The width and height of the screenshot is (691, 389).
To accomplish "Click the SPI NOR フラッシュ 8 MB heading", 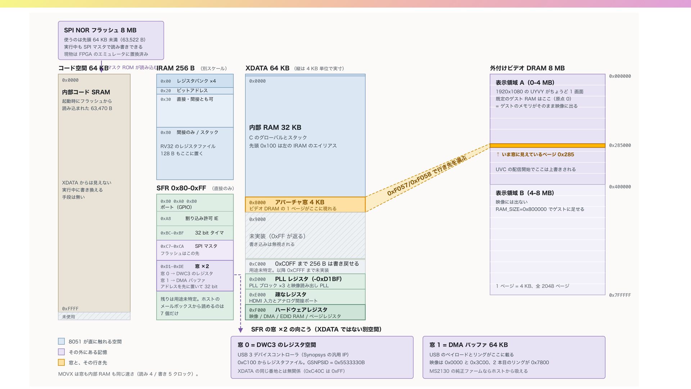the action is [x=100, y=30].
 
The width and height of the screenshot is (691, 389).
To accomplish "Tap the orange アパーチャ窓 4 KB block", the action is [x=305, y=205].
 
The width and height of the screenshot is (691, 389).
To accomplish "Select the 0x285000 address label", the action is [x=620, y=146].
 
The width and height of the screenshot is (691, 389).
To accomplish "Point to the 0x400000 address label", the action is [x=620, y=187].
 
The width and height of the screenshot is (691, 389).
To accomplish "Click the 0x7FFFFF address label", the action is [x=620, y=295].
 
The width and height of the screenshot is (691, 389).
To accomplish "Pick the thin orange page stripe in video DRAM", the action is [x=547, y=146].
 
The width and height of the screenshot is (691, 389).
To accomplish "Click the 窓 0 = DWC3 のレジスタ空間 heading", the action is [x=277, y=345].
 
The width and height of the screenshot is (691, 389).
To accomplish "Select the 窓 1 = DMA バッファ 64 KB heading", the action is [x=469, y=345].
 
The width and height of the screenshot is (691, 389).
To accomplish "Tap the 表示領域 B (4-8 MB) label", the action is [x=525, y=193].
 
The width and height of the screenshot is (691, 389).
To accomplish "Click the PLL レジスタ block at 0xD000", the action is [x=305, y=282].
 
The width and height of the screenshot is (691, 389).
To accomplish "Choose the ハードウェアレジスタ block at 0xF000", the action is [x=305, y=312].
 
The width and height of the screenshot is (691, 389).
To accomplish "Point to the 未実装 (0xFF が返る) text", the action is [x=277, y=236].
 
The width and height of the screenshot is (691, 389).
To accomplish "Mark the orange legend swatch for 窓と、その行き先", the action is [x=62, y=362].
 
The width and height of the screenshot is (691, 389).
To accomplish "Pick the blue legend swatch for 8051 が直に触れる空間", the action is [x=62, y=341].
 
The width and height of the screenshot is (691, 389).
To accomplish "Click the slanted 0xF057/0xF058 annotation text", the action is [x=427, y=176].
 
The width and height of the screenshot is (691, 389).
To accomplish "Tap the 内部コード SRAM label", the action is [x=86, y=92].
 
